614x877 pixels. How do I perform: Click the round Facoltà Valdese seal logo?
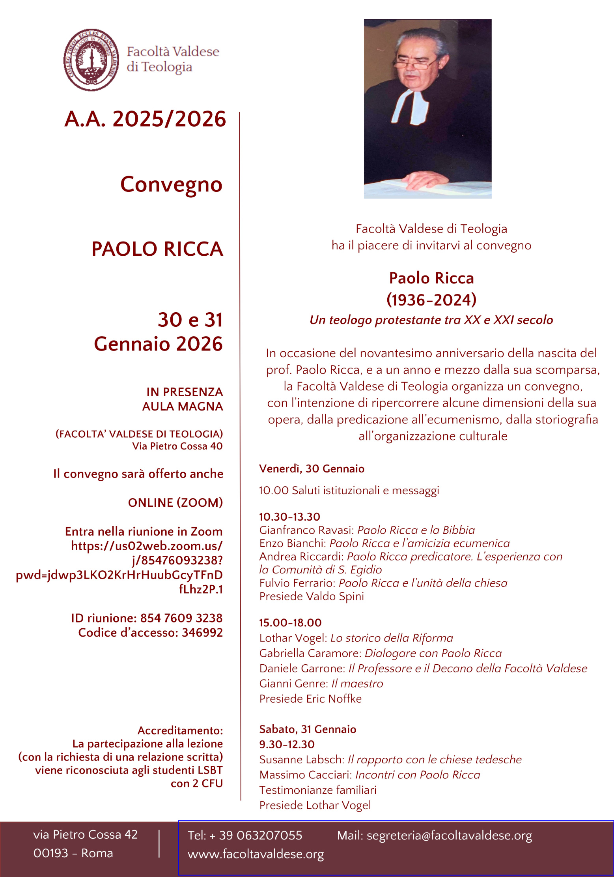point(91,60)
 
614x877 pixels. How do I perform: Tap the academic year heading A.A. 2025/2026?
point(145,119)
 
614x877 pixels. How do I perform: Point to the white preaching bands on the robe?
point(410,107)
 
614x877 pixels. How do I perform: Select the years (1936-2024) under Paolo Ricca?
point(431,300)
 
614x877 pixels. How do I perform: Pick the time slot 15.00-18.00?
point(290,623)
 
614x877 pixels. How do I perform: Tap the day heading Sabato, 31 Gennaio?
point(308,729)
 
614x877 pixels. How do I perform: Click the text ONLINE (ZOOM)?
point(175,502)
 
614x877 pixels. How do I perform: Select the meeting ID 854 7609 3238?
point(181,618)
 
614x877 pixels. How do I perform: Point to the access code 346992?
point(202,633)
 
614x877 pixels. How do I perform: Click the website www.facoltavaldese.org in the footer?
point(256,854)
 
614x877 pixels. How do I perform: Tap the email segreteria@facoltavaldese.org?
point(449,836)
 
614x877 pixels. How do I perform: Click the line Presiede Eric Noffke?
point(310,699)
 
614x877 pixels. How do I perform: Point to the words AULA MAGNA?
point(183,407)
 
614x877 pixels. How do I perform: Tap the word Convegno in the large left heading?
point(171,184)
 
